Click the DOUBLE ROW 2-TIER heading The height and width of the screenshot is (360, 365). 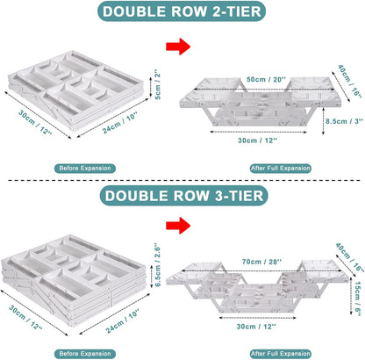coord(182,11)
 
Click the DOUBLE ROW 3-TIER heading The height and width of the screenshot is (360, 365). coord(184,196)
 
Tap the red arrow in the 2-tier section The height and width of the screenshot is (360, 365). coord(178,47)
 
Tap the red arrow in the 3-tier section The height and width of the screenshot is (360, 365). coord(178,226)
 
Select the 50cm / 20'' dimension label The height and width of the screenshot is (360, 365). coord(266,80)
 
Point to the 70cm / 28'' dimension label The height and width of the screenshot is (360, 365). coord(261,262)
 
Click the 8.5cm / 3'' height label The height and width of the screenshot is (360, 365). coord(345,121)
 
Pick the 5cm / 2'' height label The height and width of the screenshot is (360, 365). coord(158,84)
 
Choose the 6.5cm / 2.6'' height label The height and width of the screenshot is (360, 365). coord(158,265)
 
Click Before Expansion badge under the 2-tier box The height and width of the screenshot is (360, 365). coord(85,169)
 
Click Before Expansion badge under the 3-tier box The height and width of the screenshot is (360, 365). coord(85,354)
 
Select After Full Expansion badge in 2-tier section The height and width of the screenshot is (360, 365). coord(281,169)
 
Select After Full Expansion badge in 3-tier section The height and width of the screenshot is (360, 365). coord(281,354)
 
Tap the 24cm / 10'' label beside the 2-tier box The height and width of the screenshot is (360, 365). coord(120,123)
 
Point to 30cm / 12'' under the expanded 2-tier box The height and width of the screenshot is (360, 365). coord(257,140)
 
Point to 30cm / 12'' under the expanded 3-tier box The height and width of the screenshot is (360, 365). coord(256,327)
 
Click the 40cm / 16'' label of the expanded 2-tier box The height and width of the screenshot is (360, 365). coord(350,81)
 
